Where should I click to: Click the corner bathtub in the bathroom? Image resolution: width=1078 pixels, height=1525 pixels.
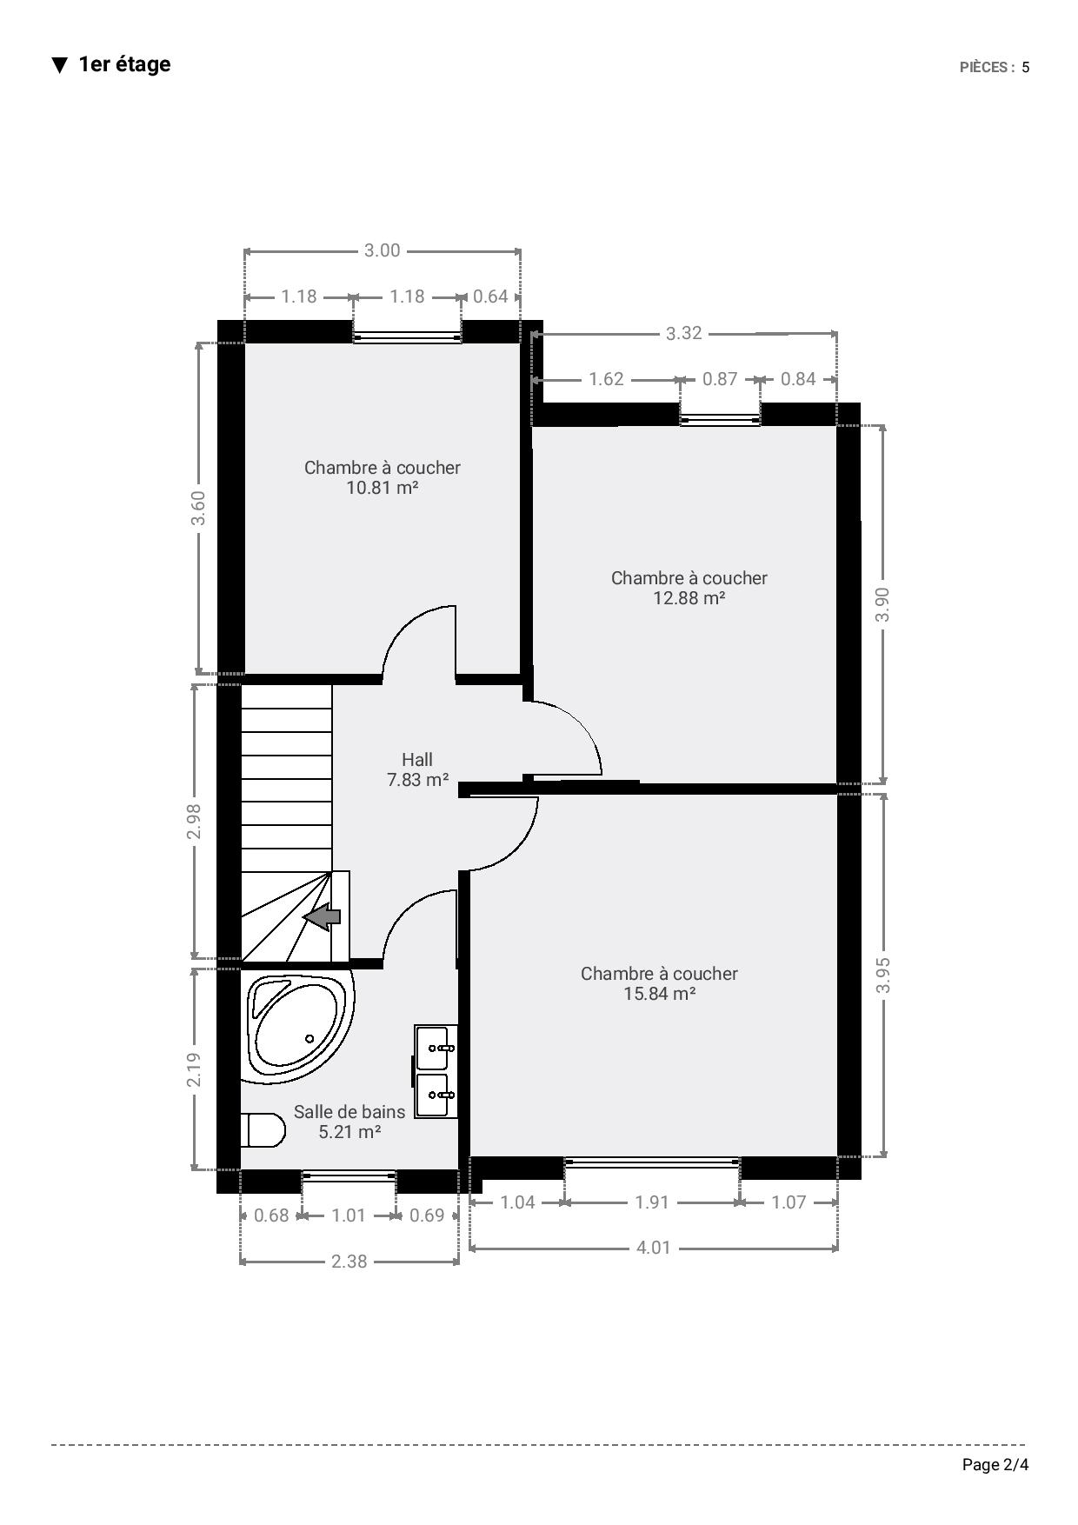click(x=298, y=1027)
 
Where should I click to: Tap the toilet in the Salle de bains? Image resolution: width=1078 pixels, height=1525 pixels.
click(x=263, y=1130)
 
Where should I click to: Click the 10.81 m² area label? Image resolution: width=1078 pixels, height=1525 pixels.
click(x=383, y=488)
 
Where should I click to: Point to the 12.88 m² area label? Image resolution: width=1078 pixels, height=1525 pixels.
click(x=689, y=598)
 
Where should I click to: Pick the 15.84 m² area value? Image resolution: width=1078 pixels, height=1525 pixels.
click(x=660, y=994)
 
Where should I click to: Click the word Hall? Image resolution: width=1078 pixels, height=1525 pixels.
click(x=417, y=759)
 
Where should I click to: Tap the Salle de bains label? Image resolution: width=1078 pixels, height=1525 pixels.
click(x=349, y=1111)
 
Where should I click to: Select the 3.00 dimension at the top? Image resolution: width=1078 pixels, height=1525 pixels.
click(x=382, y=250)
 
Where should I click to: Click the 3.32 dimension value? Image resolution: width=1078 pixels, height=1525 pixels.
click(x=684, y=333)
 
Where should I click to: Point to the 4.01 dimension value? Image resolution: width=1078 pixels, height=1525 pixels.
click(x=654, y=1248)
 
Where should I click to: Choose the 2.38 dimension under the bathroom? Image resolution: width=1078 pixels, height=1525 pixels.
click(x=349, y=1261)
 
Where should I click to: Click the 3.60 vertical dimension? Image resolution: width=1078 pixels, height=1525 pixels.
click(x=198, y=508)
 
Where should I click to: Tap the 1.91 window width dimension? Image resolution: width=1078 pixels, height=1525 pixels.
click(x=652, y=1202)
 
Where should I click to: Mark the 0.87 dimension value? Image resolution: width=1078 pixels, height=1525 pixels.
click(x=720, y=379)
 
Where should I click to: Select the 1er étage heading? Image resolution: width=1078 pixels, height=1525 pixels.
click(x=124, y=64)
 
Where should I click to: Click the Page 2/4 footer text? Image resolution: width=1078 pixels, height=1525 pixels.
click(x=995, y=1465)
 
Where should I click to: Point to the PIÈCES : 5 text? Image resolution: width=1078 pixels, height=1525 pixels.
click(x=995, y=67)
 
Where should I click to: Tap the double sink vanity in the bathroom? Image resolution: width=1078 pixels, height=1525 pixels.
click(x=436, y=1071)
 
